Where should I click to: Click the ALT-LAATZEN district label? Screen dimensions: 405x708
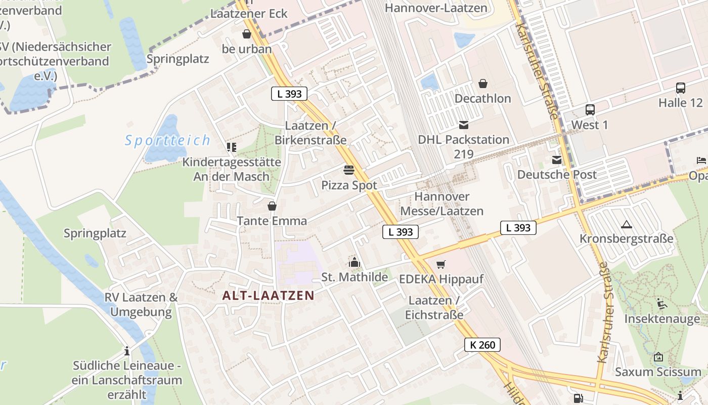269,296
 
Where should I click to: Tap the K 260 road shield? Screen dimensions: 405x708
482,345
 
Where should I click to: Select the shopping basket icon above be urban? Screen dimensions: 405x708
247,34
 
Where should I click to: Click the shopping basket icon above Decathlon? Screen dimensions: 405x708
483,83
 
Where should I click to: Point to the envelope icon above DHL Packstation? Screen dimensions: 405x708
464,125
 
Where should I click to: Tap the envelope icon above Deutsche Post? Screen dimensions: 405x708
557,160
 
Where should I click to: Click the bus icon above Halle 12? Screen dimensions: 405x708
681,88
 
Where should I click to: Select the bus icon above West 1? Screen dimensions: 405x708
590,109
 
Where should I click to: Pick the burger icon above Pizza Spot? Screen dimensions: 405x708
349,170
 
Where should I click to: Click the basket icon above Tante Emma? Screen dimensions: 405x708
272,206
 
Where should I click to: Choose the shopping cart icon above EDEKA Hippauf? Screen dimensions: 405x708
441,264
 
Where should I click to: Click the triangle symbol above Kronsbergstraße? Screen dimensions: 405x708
627,224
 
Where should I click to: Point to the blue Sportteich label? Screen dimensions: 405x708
167,140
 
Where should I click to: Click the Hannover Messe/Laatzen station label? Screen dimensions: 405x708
442,204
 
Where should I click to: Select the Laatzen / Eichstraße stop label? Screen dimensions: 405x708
434,307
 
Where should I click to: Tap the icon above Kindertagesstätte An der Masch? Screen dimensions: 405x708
232,147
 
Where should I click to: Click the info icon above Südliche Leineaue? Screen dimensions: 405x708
127,350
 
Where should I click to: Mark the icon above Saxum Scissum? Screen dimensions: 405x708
658,357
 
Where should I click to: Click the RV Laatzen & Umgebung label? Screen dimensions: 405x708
141,304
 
